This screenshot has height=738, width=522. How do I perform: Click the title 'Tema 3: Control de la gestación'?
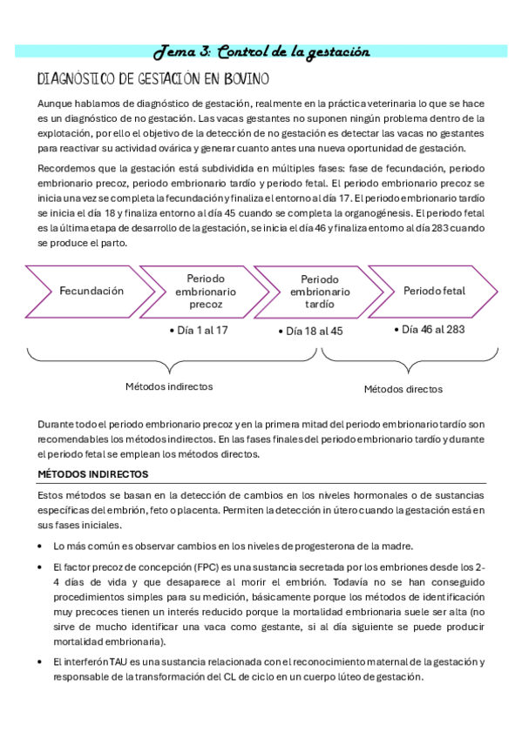coord(261,52)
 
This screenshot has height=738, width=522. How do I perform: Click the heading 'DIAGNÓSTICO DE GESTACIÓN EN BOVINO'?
coord(153,80)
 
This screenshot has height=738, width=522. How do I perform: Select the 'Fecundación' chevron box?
coord(92,291)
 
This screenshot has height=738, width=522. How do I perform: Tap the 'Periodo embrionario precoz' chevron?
coord(206,291)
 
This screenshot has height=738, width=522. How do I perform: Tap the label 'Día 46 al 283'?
coord(431,330)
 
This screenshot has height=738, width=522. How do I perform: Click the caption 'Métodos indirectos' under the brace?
coord(169,386)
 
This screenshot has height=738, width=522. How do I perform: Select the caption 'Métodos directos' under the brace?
coord(403,389)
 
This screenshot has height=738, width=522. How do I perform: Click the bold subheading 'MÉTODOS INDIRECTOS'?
coord(93,474)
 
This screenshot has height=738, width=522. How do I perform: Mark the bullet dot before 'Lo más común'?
coord(41,547)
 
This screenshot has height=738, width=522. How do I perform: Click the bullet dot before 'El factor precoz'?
coord(41,567)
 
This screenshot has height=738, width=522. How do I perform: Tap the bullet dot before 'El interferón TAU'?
coord(41,663)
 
